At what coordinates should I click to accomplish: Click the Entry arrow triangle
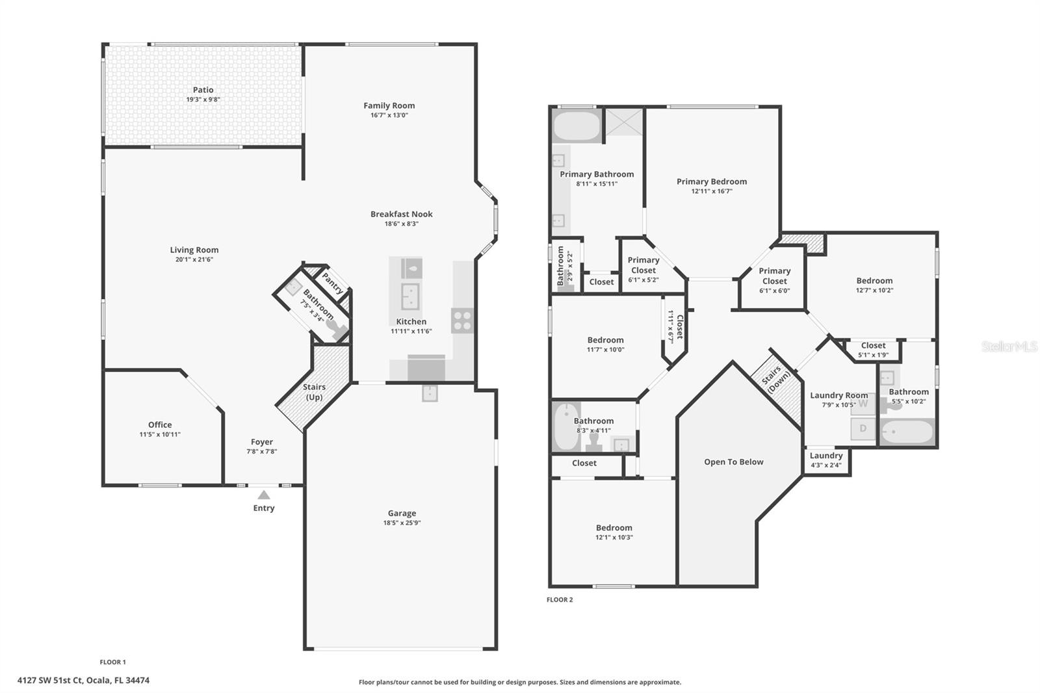pyautogui.click(x=263, y=495)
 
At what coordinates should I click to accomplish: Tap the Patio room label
pyautogui.click(x=203, y=90)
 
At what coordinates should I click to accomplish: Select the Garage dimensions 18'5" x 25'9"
pyautogui.click(x=402, y=523)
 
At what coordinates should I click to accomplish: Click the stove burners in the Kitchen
pyautogui.click(x=462, y=320)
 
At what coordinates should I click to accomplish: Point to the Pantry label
pyautogui.click(x=332, y=283)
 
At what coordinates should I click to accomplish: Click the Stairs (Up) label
pyautogui.click(x=314, y=392)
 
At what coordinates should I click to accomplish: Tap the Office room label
pyautogui.click(x=160, y=425)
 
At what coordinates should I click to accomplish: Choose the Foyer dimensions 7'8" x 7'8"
pyautogui.click(x=261, y=451)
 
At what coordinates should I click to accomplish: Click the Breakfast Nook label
pyautogui.click(x=401, y=214)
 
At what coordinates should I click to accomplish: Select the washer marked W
pyautogui.click(x=863, y=404)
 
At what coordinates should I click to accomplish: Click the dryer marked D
pyautogui.click(x=863, y=428)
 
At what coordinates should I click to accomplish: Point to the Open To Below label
pyautogui.click(x=733, y=462)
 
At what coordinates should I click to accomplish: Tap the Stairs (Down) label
pyautogui.click(x=775, y=378)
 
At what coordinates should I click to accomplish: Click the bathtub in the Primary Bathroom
pyautogui.click(x=577, y=126)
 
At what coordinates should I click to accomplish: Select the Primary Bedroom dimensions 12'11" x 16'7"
pyautogui.click(x=712, y=191)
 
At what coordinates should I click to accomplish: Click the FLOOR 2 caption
pyautogui.click(x=560, y=599)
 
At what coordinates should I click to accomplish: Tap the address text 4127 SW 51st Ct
pyautogui.click(x=83, y=681)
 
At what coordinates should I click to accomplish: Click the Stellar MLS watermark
pyautogui.click(x=1009, y=346)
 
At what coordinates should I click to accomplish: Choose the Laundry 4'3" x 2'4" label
pyautogui.click(x=826, y=460)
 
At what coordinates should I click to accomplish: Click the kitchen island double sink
pyautogui.click(x=410, y=297)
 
